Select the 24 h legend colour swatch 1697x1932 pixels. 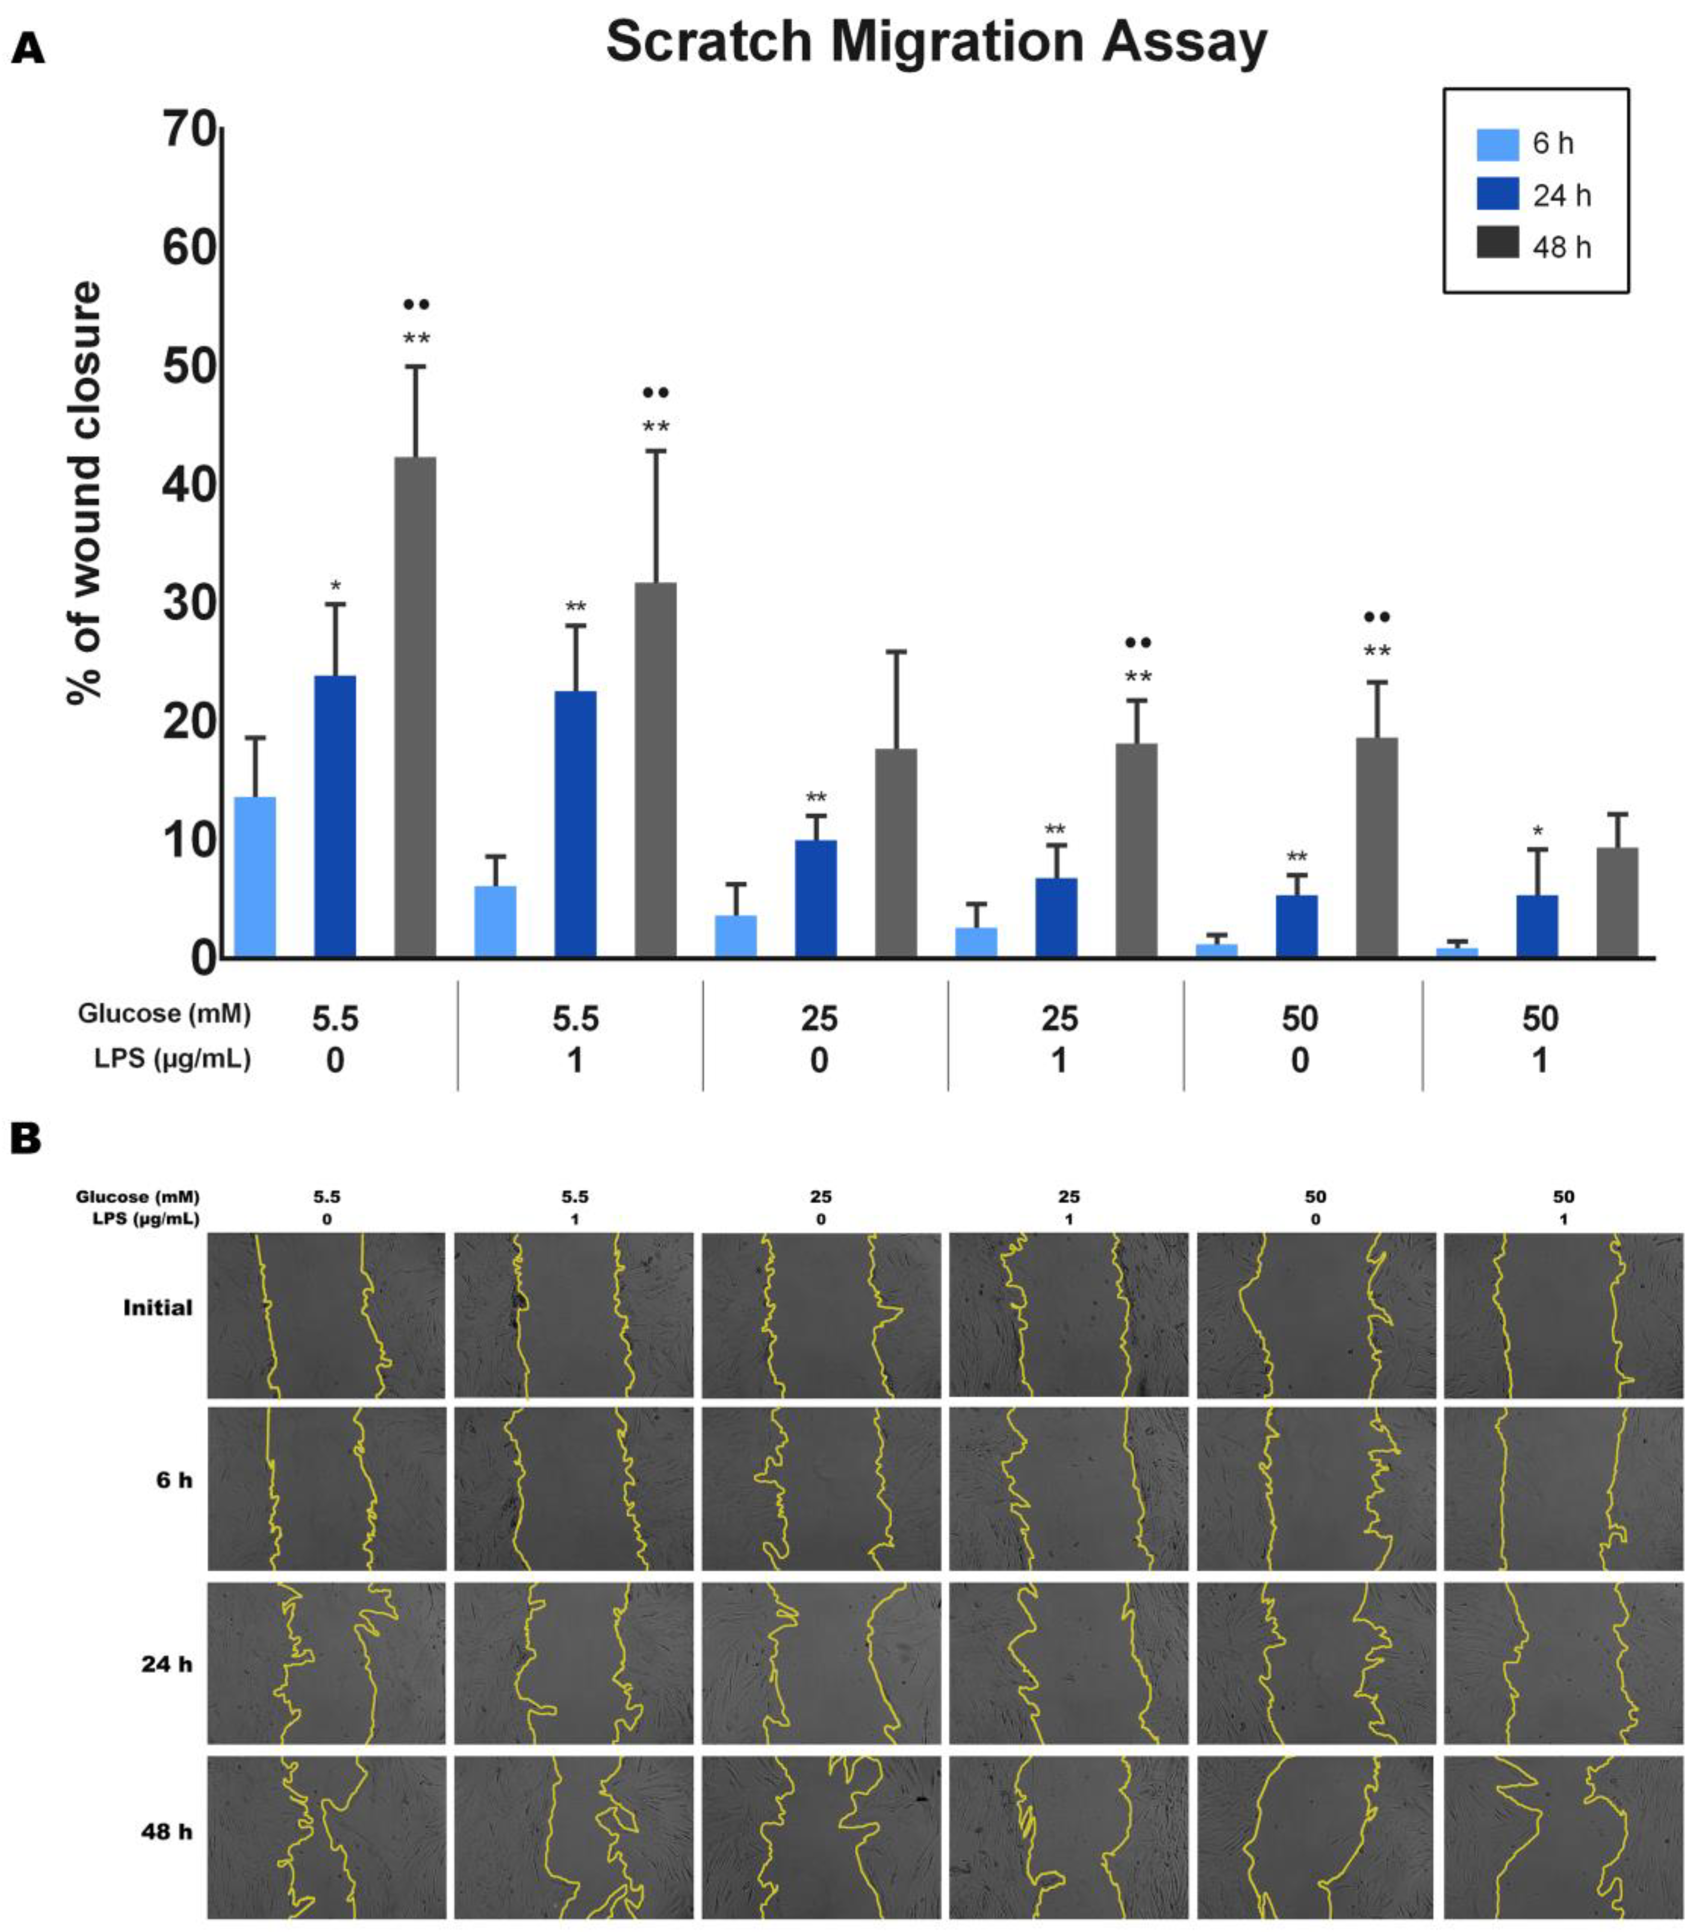pyautogui.click(x=1497, y=195)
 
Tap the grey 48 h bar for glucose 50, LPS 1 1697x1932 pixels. pyautogui.click(x=1617, y=903)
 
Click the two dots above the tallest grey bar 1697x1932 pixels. pyautogui.click(x=416, y=304)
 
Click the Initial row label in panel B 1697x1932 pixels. pyautogui.click(x=158, y=1308)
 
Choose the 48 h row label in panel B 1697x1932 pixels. pyautogui.click(x=166, y=1831)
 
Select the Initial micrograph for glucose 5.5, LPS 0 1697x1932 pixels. pyautogui.click(x=326, y=1315)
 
